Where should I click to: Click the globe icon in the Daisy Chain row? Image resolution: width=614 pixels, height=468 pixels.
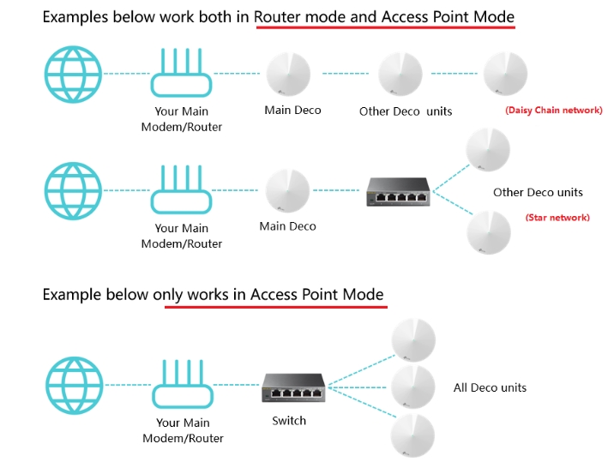[x=74, y=74]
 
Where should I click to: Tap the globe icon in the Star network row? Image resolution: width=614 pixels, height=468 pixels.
[x=74, y=190]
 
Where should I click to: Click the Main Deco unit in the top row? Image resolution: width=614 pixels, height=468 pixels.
[x=289, y=74]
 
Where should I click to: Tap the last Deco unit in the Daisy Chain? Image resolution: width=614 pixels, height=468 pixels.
[x=505, y=74]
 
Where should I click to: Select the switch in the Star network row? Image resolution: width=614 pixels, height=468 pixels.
[x=398, y=191]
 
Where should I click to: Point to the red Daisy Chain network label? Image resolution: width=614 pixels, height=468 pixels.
[x=553, y=111]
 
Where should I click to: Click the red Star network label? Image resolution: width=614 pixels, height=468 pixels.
[x=557, y=218]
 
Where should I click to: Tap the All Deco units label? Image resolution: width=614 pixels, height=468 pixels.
[x=490, y=388]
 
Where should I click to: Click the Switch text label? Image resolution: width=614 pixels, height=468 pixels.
[x=289, y=421]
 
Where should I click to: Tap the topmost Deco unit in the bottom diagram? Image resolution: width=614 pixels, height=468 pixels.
[x=412, y=339]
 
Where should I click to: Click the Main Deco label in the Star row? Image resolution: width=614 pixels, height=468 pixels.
[x=287, y=226]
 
